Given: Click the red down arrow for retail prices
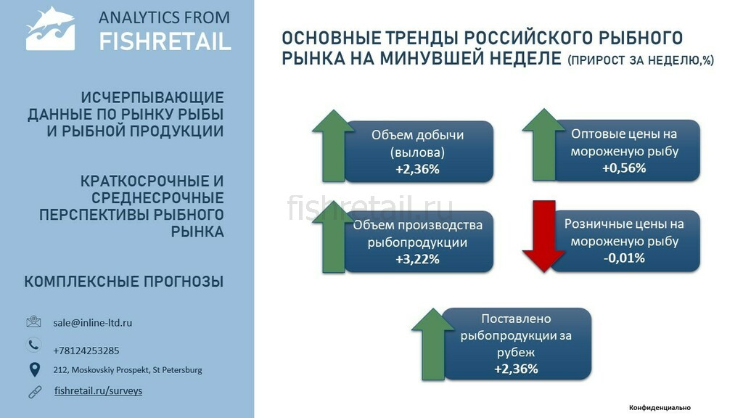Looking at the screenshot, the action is coord(543,236).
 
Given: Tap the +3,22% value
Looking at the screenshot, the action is coord(417,259).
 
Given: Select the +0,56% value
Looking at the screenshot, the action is coord(624,168).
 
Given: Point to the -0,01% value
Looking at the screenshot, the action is coord(624,258).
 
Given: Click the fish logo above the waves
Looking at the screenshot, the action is coord(50,28).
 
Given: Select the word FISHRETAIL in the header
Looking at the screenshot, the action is coord(165,41).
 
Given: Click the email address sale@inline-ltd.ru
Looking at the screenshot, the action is coord(92,323).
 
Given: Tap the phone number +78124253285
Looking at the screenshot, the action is coord(86,351).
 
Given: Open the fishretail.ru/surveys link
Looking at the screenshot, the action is coord(98,391).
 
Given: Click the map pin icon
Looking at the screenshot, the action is coord(35,369).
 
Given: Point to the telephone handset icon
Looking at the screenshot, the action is coord(33,345).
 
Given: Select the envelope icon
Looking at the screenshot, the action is coord(33,321).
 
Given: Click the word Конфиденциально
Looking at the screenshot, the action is coord(660,408).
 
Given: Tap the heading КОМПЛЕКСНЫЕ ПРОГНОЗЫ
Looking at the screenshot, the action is coord(124,282).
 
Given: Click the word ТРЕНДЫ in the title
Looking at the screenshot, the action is coord(422,38).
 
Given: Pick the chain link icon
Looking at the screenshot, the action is coord(35,392).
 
